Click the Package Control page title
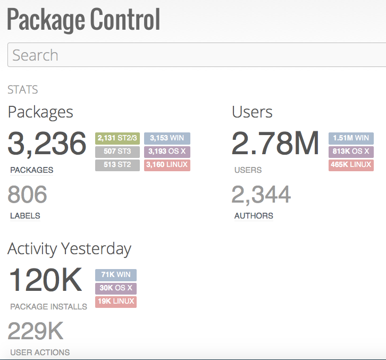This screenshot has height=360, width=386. (83, 20)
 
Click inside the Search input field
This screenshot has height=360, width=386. (197, 55)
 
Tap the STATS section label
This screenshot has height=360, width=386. (23, 90)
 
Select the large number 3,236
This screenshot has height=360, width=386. (47, 144)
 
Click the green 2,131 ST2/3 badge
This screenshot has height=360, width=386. (118, 138)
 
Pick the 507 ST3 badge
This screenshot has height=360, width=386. (118, 152)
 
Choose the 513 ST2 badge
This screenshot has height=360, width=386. (118, 165)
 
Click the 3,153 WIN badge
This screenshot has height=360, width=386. (167, 138)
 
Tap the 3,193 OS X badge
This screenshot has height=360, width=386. (167, 152)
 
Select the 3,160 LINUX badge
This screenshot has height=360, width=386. (167, 165)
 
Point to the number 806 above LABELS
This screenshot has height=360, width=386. (28, 195)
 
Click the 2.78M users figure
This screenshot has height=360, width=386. (275, 144)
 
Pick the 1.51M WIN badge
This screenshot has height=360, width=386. (351, 138)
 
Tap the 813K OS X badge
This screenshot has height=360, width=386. (351, 152)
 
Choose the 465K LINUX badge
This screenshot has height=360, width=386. (351, 165)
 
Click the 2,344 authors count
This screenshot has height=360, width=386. (261, 195)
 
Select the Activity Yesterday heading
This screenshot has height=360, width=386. (69, 249)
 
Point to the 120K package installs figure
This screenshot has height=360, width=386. (46, 280)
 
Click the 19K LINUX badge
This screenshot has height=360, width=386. (116, 302)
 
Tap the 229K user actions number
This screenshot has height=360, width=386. (36, 331)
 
